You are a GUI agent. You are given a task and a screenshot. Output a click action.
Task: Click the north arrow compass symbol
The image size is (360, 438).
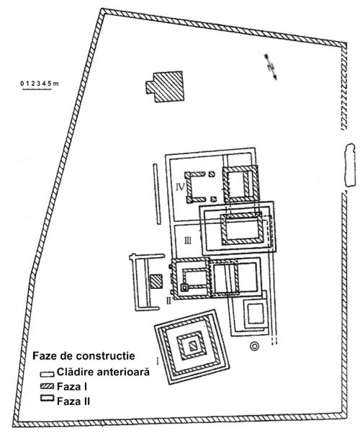(270, 67)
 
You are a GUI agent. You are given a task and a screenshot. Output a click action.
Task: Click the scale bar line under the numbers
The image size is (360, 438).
(37, 89)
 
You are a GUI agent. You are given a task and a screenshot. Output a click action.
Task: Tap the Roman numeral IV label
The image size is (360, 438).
(181, 187)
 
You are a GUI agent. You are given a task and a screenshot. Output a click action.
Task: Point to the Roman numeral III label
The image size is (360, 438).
(188, 240)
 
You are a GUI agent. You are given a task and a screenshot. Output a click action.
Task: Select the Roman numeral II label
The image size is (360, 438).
(169, 301)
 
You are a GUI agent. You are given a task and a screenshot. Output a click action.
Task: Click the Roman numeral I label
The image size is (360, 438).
(158, 362)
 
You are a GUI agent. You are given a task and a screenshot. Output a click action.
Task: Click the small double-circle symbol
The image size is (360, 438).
(254, 346)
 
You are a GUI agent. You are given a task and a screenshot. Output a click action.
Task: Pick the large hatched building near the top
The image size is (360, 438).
(165, 87)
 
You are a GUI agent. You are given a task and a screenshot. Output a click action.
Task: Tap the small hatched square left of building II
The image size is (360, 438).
(156, 281)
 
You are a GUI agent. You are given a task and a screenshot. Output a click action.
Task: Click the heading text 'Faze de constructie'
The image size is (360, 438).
(84, 356)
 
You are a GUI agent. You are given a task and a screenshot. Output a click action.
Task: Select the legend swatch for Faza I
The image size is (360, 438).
(47, 386)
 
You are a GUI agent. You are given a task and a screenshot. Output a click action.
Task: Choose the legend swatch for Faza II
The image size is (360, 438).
(47, 398)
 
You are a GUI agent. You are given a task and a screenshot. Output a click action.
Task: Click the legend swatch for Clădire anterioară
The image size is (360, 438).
(47, 373)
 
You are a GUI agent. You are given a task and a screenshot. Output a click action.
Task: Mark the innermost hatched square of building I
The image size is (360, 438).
(193, 347)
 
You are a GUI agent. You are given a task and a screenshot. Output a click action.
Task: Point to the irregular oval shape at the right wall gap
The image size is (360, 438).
(350, 165)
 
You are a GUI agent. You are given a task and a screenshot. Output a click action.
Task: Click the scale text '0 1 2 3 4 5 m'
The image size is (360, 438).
(40, 84)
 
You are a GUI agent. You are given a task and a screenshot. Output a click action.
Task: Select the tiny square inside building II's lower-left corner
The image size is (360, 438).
(184, 287)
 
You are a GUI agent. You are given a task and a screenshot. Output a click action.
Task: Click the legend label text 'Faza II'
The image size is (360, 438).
(73, 401)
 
